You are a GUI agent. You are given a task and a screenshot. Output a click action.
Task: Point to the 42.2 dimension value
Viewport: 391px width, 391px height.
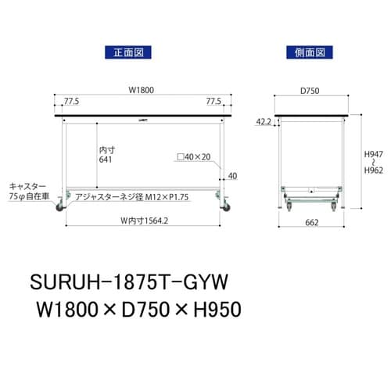click(x=264, y=121)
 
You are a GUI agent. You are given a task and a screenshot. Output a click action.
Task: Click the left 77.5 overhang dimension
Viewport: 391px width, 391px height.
click(x=72, y=102)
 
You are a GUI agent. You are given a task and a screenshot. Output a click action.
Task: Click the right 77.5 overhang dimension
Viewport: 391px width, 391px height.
click(x=213, y=102)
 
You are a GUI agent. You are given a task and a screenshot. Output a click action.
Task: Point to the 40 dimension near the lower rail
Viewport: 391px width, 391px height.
click(x=231, y=174)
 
